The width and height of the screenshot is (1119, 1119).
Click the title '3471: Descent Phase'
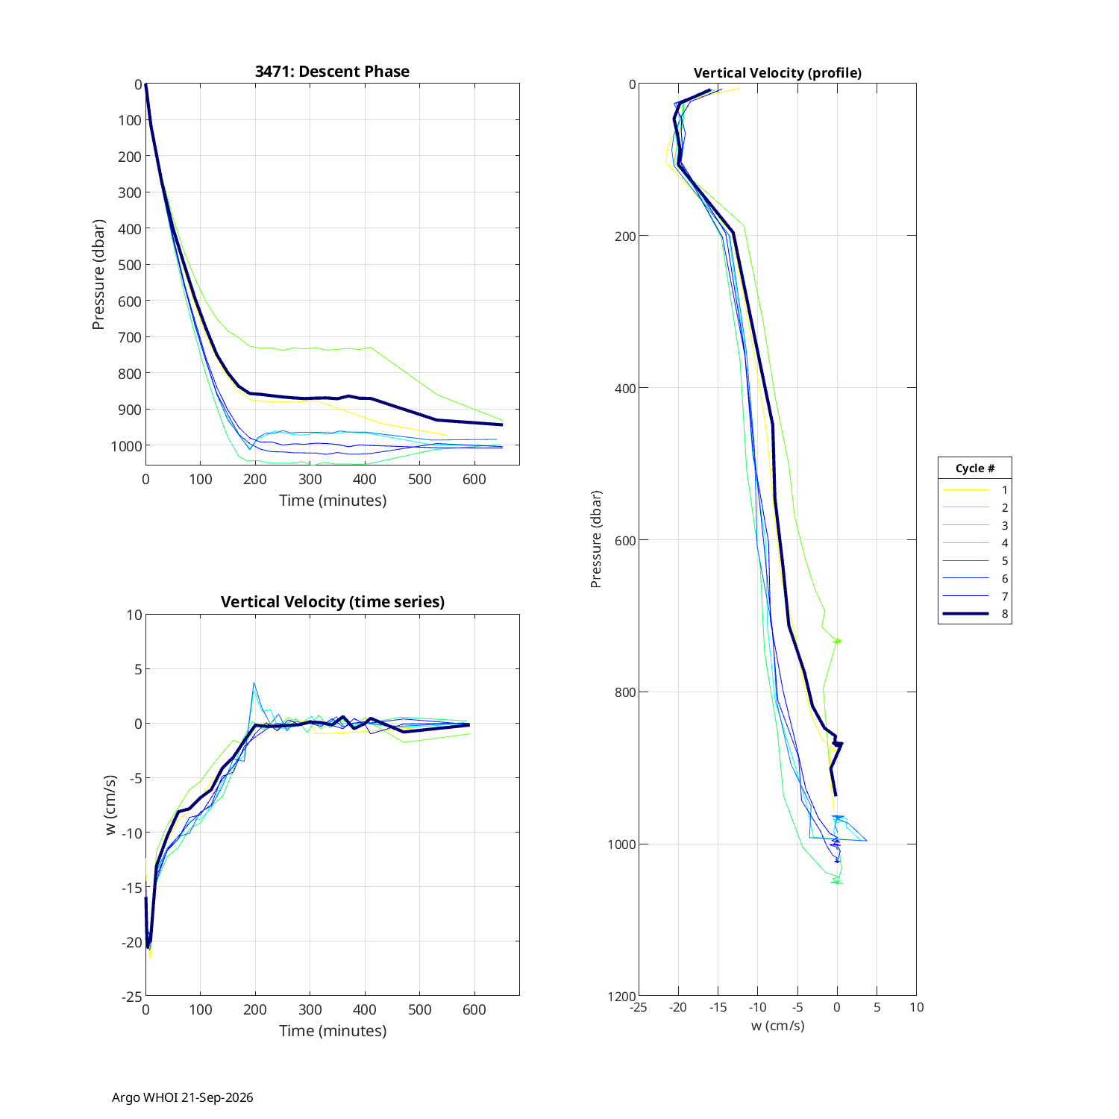point(332,72)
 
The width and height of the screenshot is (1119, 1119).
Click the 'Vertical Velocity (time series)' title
point(333,602)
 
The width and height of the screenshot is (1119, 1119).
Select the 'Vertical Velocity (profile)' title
point(777,73)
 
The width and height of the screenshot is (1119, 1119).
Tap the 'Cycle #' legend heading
point(975,468)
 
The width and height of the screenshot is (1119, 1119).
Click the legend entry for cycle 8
point(975,614)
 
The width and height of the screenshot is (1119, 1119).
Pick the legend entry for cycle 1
point(975,490)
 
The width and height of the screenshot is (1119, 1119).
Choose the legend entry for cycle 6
point(975,579)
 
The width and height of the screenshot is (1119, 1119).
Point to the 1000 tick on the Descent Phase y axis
point(126,446)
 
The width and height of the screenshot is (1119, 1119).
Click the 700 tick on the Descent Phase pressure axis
point(130,337)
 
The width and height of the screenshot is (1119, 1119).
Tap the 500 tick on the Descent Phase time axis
point(419,479)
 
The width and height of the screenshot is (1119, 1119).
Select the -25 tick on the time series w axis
point(131,997)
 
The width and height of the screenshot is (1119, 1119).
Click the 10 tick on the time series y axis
point(134,615)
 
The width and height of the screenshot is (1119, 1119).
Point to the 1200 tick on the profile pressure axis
point(622,997)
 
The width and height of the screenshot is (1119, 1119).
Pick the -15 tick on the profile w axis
point(718,1007)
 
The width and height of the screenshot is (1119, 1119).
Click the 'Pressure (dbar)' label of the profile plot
point(596,539)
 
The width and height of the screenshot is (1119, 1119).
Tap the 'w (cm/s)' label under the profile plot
point(777,1026)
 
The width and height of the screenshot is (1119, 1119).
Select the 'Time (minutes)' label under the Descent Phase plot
point(333,501)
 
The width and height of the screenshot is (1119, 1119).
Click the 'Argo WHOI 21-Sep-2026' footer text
point(183,1097)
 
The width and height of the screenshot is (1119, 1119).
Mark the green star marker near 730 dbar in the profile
point(837,641)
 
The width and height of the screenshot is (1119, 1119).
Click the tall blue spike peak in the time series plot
point(254,683)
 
